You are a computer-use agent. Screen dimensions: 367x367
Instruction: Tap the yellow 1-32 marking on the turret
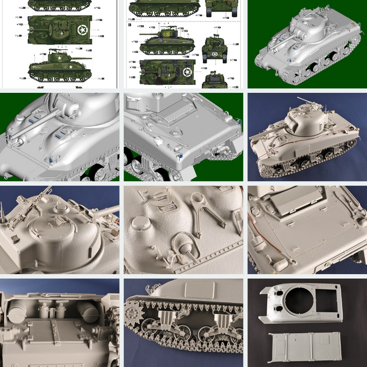coord(166,34)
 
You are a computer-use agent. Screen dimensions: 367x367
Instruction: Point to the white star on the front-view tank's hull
coord(214,53)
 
